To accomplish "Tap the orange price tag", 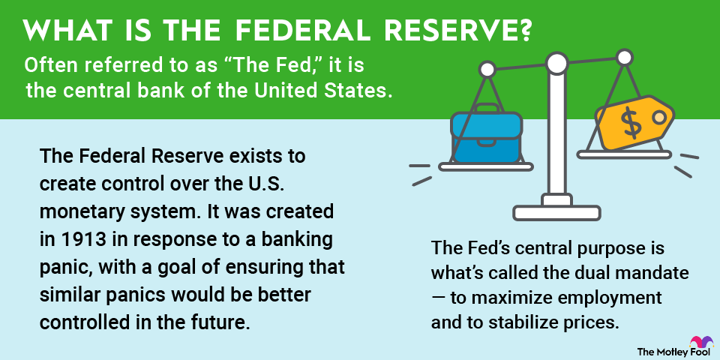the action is [x=634, y=122].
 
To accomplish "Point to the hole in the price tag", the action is [x=659, y=117].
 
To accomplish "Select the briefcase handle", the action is [x=486, y=109].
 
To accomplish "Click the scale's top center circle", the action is [x=557, y=63].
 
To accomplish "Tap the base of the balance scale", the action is [x=556, y=212].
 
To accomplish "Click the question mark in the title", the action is [x=524, y=31].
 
